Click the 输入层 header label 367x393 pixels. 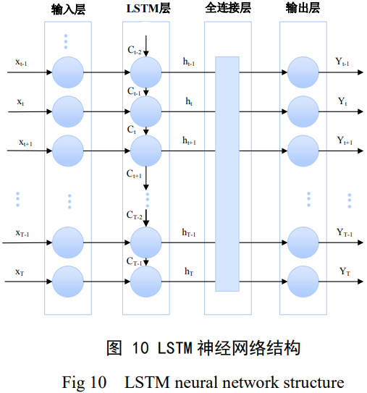[x=67, y=10]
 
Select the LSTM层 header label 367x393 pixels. [x=147, y=10]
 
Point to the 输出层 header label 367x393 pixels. [x=303, y=10]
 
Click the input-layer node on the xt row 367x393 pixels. [x=67, y=111]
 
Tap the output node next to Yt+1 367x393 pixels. [x=303, y=148]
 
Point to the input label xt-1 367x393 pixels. [x=22, y=63]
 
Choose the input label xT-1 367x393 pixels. [x=22, y=233]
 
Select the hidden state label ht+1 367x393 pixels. [x=190, y=140]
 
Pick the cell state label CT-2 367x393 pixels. [x=135, y=215]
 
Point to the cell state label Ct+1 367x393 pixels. [x=135, y=174]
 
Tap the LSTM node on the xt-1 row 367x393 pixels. [x=146, y=72]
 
